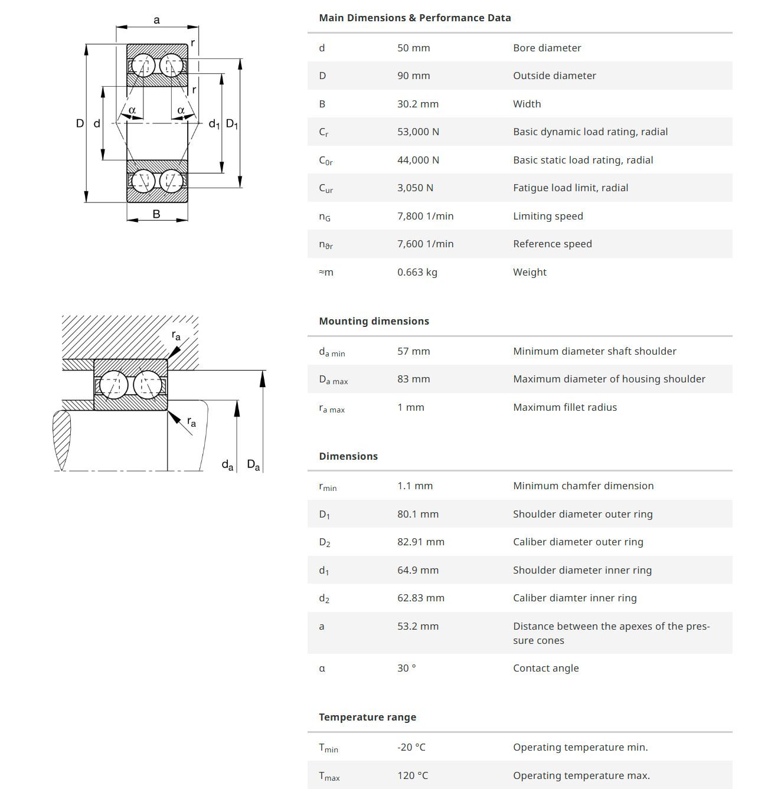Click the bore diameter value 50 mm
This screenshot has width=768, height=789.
pos(413,48)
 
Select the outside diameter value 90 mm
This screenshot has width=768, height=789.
pos(413,76)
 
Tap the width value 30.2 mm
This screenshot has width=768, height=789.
pos(417,104)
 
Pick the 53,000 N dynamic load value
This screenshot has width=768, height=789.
pos(418,132)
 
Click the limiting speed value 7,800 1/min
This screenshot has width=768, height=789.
pos(425,216)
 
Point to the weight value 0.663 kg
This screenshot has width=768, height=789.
pos(417,272)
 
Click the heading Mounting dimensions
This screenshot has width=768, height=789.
pos(374,321)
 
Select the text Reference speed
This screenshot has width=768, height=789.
pos(552,244)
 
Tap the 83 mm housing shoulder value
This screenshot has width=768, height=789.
pos(413,379)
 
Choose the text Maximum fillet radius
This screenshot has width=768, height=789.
pos(564,407)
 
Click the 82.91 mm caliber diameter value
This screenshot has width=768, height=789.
pos(420,542)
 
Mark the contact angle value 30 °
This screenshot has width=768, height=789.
pos(406,668)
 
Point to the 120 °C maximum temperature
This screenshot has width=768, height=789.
pos(412,775)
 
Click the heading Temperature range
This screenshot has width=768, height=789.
pos(367,717)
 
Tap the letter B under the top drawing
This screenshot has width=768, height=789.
pos(156,214)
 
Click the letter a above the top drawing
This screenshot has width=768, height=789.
pos(156,20)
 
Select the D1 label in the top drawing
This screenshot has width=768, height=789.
pos(232,124)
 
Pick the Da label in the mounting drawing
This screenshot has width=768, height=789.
pos(253,465)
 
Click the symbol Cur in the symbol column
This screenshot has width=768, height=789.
pos(326,188)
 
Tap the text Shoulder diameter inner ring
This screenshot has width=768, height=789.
pos(582,570)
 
